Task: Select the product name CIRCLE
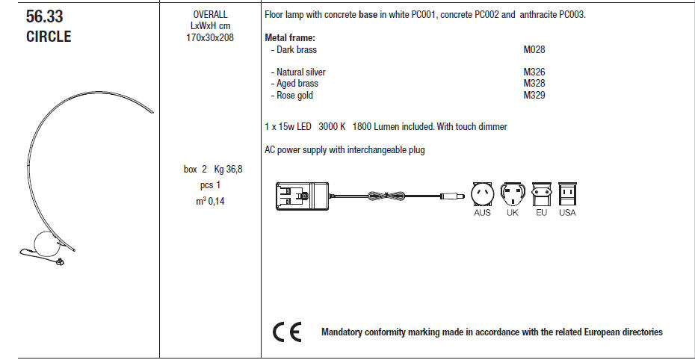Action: (49, 37)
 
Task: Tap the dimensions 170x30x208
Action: (210, 37)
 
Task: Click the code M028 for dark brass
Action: (534, 50)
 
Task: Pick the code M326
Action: (534, 72)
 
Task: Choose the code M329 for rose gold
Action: (534, 96)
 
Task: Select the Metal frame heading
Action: (290, 38)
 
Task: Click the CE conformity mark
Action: (286, 332)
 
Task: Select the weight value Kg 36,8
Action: (228, 170)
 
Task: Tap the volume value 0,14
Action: (215, 201)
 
